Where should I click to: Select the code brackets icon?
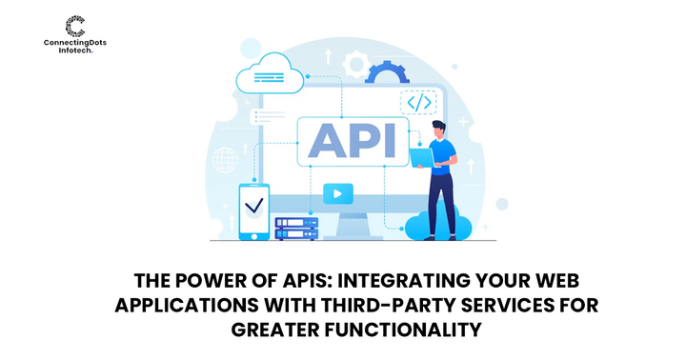(x=419, y=102)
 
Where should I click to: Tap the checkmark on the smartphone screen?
(x=254, y=205)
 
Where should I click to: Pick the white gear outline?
(x=357, y=66)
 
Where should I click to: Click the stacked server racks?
(x=295, y=229)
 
